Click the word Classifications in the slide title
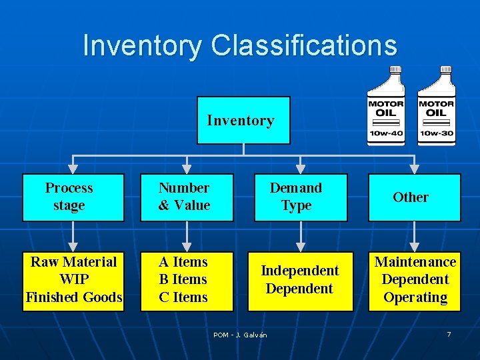coord(303,45)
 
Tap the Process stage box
coord(73,197)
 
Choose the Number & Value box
coord(187,197)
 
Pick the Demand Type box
coord(301,197)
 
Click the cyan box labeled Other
coord(414,197)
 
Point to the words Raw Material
coord(73,262)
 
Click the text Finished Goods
coord(73,297)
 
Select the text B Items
coord(183,279)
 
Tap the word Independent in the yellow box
coord(300,271)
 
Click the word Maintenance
coord(415,262)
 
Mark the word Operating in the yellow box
coord(415,297)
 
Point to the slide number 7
coord(449,334)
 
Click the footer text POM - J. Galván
coord(240,335)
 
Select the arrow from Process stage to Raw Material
coord(73,237)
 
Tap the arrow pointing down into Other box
coord(415,163)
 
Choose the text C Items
coord(183,297)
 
